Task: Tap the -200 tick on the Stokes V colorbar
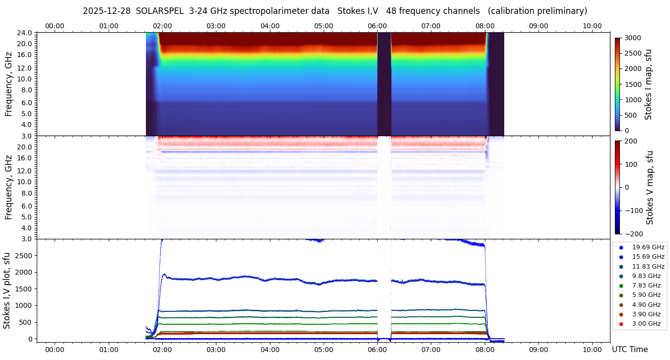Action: pyautogui.click(x=633, y=234)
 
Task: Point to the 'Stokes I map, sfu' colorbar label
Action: pyautogui.click(x=648, y=84)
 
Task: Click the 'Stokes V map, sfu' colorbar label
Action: pyautogui.click(x=650, y=187)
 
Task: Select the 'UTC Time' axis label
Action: pyautogui.click(x=629, y=350)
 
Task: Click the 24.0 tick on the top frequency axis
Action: pyautogui.click(x=25, y=33)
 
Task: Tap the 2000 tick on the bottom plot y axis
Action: pyautogui.click(x=25, y=272)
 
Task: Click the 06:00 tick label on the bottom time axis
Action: pyautogui.click(x=377, y=350)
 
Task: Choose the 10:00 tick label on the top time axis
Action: pyautogui.click(x=592, y=26)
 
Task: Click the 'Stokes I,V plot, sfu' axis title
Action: pyautogui.click(x=7, y=290)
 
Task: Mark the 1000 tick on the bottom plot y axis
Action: pyautogui.click(x=25, y=305)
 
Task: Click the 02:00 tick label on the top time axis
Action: pyautogui.click(x=162, y=26)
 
